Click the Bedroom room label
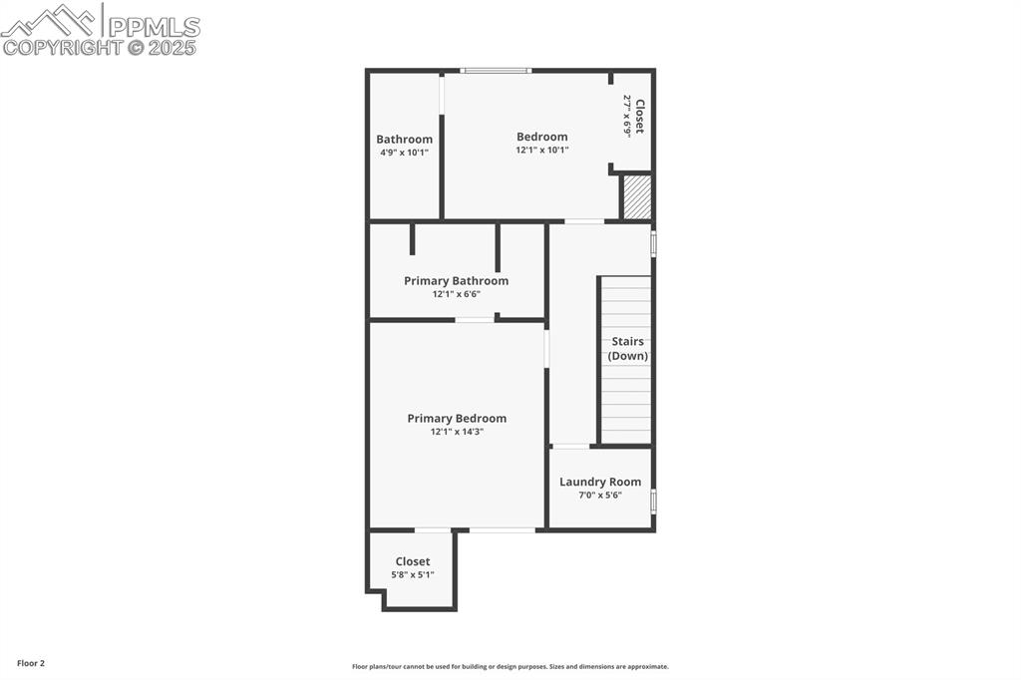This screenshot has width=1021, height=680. click(541, 137)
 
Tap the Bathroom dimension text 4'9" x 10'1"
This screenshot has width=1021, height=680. click(404, 153)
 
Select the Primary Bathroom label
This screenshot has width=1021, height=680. click(456, 281)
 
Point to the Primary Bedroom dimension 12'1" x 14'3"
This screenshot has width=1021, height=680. click(457, 432)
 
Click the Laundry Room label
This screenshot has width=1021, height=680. click(600, 482)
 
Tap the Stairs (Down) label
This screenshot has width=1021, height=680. click(628, 349)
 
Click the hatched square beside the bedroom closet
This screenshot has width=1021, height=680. click(637, 197)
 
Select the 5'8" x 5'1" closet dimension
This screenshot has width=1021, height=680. click(412, 574)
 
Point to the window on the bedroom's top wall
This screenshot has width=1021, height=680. click(496, 70)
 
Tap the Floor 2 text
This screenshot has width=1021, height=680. click(31, 663)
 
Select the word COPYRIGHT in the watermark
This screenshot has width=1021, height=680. click(62, 47)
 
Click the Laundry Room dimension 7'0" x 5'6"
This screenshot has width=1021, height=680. click(600, 495)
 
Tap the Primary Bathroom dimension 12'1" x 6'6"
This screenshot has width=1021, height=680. click(456, 294)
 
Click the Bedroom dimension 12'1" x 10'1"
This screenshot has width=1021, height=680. click(541, 150)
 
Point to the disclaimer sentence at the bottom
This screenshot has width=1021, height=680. click(510, 666)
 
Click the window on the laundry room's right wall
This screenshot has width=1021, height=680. click(653, 500)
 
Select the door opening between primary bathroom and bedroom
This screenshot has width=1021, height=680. click(475, 319)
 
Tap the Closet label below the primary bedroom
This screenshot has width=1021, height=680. click(412, 561)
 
